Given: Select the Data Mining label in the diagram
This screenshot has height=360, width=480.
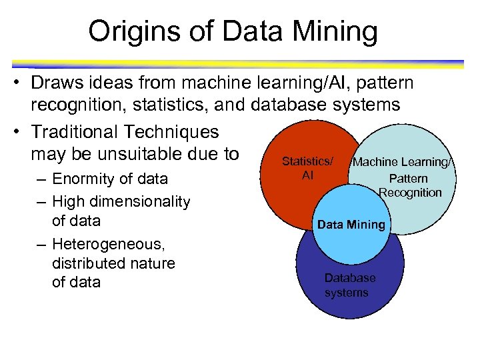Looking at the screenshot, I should point(351,225).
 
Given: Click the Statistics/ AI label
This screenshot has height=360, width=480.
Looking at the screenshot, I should point(307,168).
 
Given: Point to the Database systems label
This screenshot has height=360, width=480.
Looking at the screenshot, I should point(349,285).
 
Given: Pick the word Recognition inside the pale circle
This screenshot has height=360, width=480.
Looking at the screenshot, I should point(410,193).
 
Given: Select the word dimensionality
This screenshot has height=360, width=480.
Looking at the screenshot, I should point(140,201).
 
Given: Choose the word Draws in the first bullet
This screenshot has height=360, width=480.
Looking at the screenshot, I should point(54,83).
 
